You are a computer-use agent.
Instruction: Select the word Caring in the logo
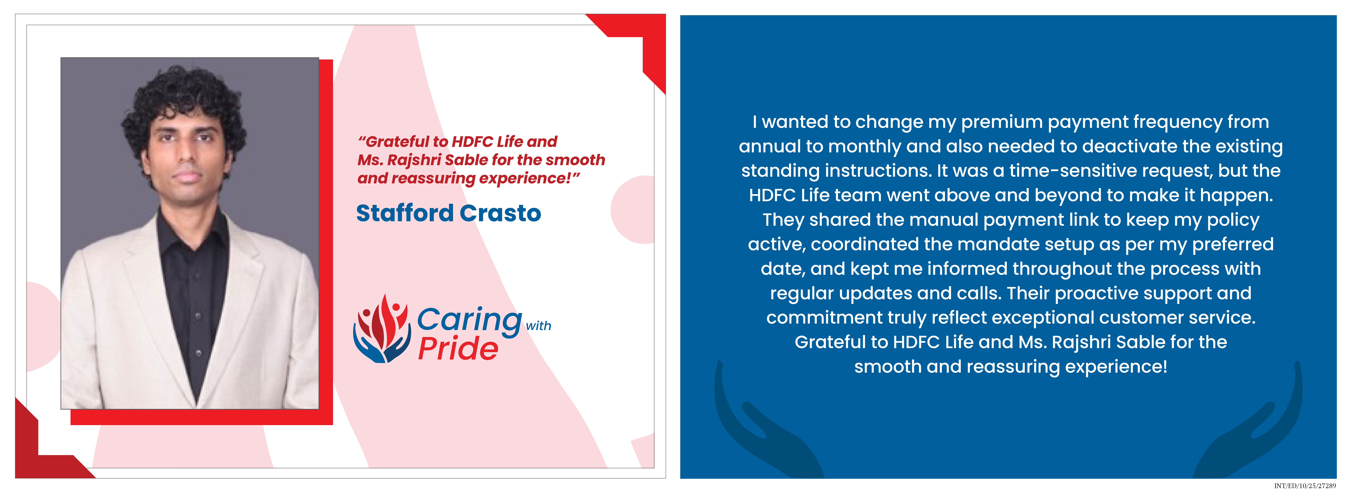point(469,320)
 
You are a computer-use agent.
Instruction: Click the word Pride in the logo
point(458,349)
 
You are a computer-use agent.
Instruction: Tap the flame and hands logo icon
point(382,329)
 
